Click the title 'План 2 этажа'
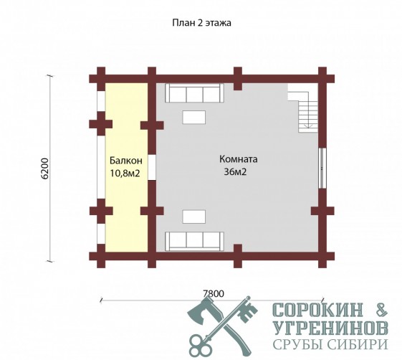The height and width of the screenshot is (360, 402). (201, 23)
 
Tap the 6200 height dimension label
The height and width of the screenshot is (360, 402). (44, 169)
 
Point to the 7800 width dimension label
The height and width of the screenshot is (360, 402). (214, 293)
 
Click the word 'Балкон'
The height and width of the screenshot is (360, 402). (126, 161)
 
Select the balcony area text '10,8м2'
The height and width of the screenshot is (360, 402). (125, 174)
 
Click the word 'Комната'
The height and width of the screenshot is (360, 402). (239, 159)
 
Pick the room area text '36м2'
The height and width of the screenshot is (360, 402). (235, 171)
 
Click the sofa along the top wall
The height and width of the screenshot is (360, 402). (194, 93)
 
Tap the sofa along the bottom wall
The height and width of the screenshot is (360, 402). (194, 241)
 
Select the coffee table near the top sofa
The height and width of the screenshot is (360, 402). (193, 118)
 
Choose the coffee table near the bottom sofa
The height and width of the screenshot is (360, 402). (193, 217)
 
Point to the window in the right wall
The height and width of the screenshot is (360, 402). (322, 169)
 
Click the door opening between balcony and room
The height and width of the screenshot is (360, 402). (152, 168)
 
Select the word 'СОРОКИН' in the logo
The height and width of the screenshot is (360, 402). (318, 310)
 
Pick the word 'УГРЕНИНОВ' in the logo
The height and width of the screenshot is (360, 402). (330, 328)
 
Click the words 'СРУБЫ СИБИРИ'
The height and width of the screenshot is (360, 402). (330, 344)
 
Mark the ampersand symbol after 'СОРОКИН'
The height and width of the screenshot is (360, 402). (380, 310)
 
